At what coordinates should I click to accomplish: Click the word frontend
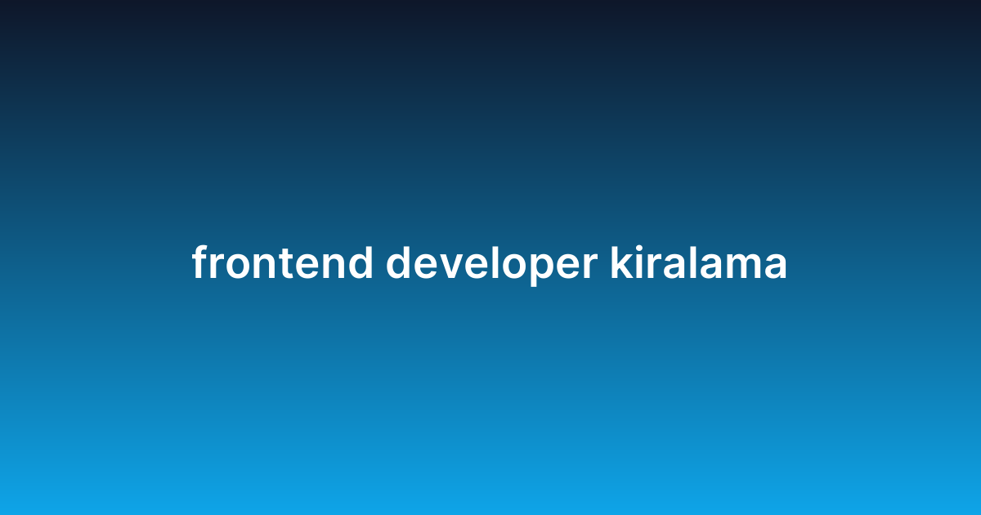(x=282, y=264)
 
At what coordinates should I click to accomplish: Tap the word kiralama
(x=698, y=264)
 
